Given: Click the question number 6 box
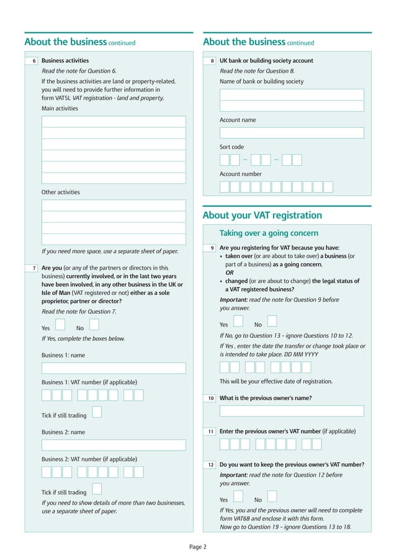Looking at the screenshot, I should click(32, 61).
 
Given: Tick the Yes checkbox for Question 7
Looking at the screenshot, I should click(60, 324).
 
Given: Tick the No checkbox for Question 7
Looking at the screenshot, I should click(94, 324).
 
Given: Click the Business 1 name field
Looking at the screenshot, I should click(114, 368).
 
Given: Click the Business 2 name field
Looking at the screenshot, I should click(114, 445).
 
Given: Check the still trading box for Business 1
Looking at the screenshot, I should click(97, 412).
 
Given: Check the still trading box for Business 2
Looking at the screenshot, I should click(97, 489).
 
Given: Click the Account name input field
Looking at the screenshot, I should click(292, 133).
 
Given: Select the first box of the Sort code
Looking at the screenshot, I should click(225, 160).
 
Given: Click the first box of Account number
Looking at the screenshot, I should click(225, 187).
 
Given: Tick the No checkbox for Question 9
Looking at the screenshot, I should click(272, 321).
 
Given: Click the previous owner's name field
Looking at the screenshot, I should click(292, 411).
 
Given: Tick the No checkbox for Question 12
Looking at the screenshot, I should click(272, 497).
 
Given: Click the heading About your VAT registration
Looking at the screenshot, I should click(263, 215).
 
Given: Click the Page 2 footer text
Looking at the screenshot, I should click(198, 547).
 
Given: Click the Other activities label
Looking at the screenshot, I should click(61, 192).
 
